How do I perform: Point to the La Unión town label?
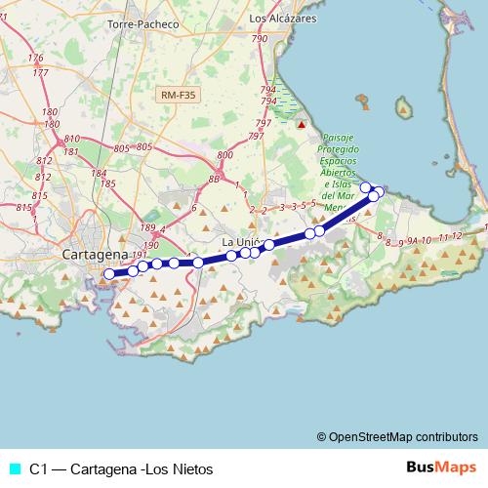242,242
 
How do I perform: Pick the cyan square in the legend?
14,468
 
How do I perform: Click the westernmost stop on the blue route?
109,274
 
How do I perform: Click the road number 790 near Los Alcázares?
259,38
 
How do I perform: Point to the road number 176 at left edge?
37,59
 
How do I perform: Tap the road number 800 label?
226,155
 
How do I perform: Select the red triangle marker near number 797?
302,125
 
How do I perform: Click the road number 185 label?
108,183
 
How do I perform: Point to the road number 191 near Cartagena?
138,257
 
